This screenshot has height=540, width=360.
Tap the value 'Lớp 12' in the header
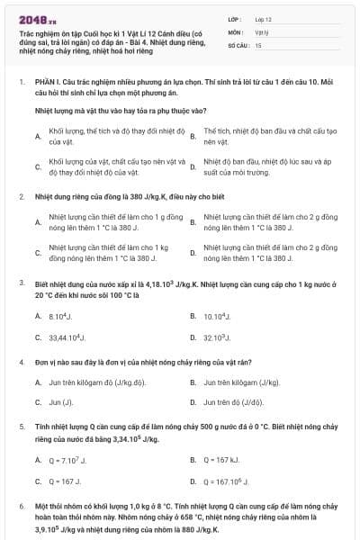(263, 18)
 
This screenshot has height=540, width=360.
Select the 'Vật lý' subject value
(262, 31)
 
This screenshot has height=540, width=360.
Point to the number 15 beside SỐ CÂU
(258, 44)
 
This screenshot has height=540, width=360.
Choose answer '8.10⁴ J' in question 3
(57, 316)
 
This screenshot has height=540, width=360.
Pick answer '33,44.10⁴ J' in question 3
(67, 337)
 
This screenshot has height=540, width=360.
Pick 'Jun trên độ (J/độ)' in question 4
(233, 402)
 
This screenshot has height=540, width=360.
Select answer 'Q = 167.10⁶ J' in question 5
(227, 481)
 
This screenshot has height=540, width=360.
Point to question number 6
(22, 508)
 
